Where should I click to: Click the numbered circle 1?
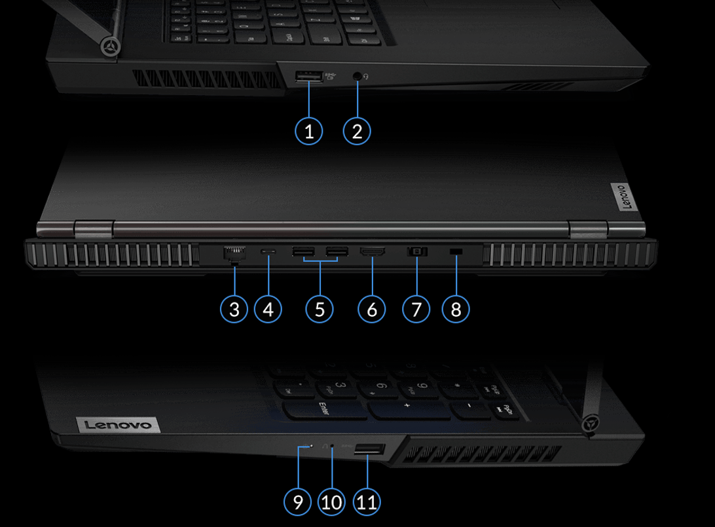coord(309,131)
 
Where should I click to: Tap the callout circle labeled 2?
coord(357,131)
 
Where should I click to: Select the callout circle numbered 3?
coord(234,308)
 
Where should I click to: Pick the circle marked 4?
coord(268,308)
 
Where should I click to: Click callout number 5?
coord(320,308)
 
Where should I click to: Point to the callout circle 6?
coord(372,308)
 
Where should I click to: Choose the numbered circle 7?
coord(416,308)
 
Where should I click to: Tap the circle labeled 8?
coord(456,308)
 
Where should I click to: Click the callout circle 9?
coord(298,502)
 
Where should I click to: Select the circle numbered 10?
coord(332,502)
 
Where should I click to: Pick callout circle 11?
coord(367,502)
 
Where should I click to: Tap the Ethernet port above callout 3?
coord(233,254)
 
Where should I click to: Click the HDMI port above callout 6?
coord(372,251)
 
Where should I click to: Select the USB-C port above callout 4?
coord(268,251)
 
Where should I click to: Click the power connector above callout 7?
coord(417,251)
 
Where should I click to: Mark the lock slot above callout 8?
coord(456,252)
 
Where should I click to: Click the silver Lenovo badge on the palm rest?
coord(119,426)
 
